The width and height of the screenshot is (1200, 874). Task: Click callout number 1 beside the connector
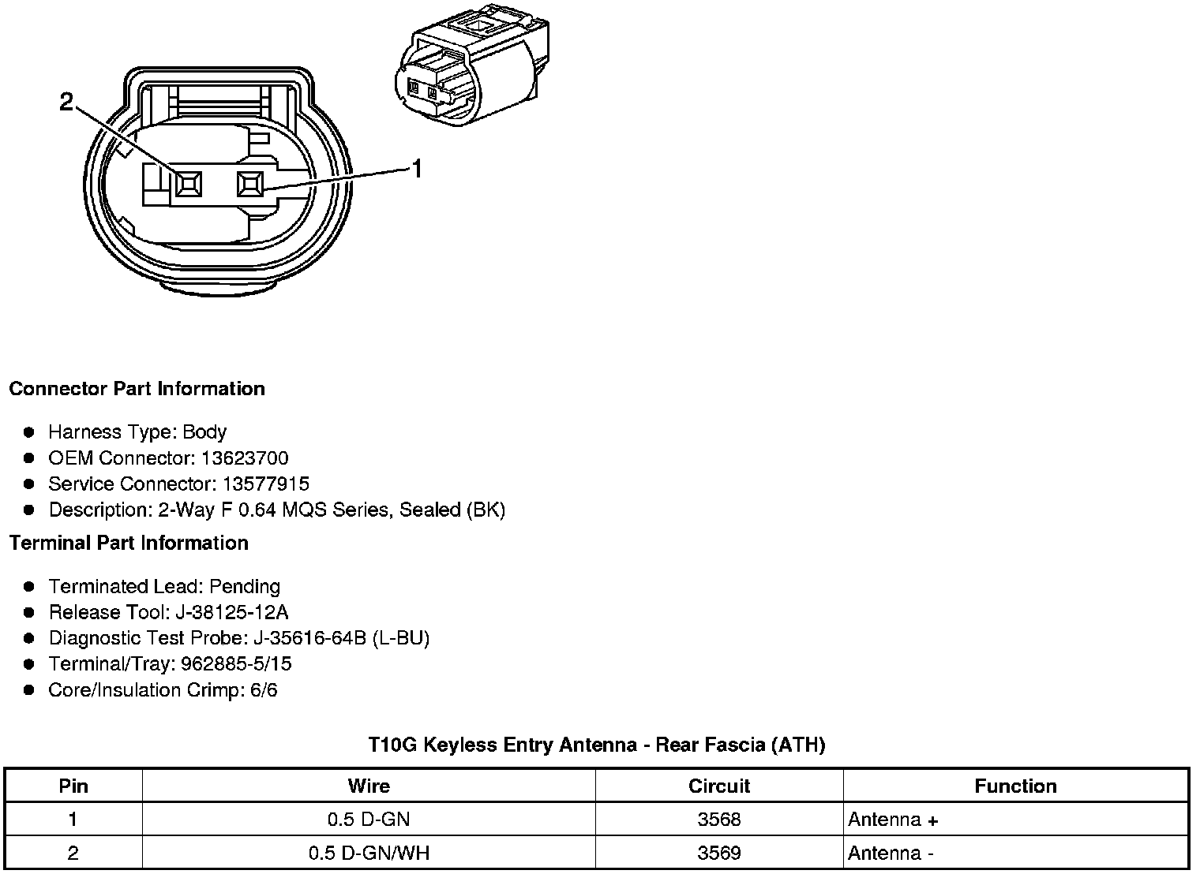click(416, 169)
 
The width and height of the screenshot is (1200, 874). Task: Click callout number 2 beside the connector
click(66, 102)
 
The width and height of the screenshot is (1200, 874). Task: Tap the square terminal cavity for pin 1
click(250, 185)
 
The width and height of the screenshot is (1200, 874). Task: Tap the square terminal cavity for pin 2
click(189, 185)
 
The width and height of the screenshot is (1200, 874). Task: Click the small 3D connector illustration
click(471, 68)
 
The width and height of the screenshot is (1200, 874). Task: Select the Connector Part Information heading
click(137, 389)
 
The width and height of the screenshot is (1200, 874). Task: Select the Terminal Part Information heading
click(129, 543)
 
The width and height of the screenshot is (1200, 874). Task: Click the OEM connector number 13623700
click(245, 458)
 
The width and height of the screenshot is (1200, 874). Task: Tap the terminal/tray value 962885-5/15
click(236, 664)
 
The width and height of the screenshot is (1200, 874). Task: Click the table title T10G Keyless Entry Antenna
click(597, 745)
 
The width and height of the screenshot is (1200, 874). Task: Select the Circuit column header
click(718, 786)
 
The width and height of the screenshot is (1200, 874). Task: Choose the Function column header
click(1015, 786)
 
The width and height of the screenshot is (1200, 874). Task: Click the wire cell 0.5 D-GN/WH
click(369, 853)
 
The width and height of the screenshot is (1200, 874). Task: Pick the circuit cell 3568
click(718, 820)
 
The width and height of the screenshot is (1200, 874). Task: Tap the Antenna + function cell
click(893, 820)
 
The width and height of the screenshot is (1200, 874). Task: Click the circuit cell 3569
click(718, 853)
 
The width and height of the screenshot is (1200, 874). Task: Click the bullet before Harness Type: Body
click(29, 432)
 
